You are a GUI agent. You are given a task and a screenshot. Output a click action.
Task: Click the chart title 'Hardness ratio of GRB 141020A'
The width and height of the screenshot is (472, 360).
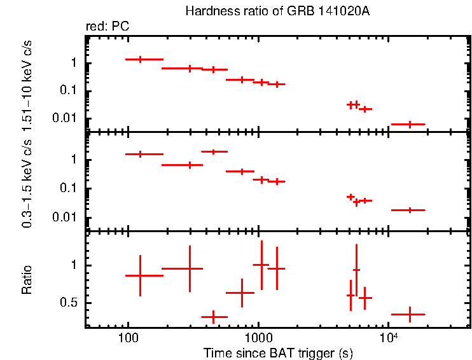pos(277,11)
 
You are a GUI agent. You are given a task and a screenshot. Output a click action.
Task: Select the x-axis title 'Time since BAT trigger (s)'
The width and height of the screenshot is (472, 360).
pos(277,352)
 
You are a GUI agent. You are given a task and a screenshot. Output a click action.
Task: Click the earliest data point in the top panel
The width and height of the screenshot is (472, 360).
pos(140,59)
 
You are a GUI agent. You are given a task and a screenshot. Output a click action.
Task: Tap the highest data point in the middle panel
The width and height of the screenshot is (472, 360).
pos(214,151)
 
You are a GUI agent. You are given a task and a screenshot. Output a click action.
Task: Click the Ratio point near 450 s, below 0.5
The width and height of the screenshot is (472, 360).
pos(214,316)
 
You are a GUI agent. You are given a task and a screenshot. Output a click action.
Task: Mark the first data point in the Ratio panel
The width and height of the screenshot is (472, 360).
pos(140,275)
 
